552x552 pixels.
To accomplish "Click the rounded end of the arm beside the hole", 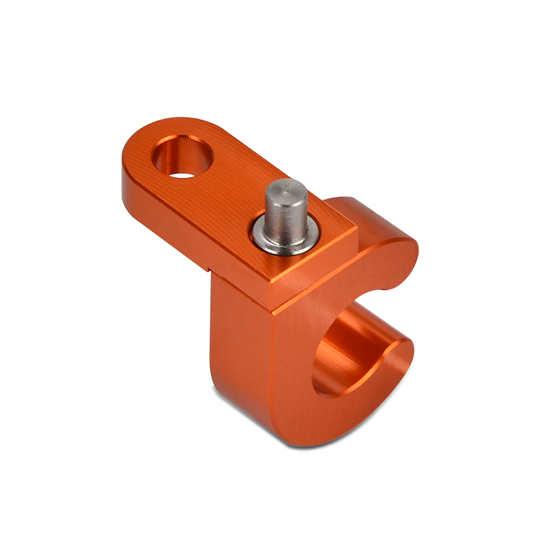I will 141,146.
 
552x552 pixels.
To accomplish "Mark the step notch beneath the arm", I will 210,270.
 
